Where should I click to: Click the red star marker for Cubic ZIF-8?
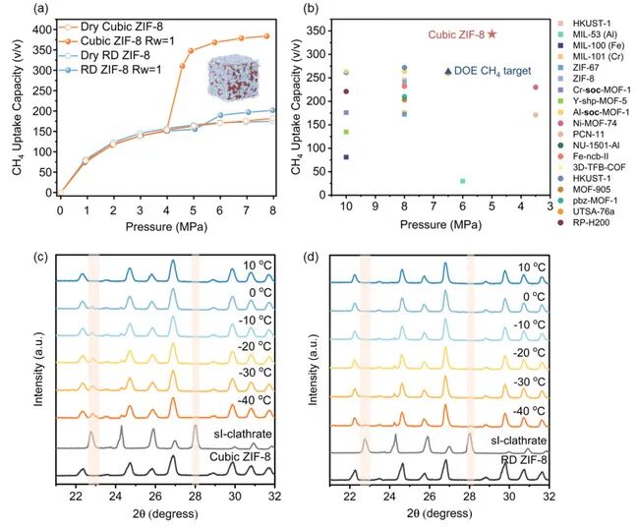(x=492, y=34)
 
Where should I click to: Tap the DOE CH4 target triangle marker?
(x=449, y=71)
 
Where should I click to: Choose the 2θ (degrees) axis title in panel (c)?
(x=174, y=513)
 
